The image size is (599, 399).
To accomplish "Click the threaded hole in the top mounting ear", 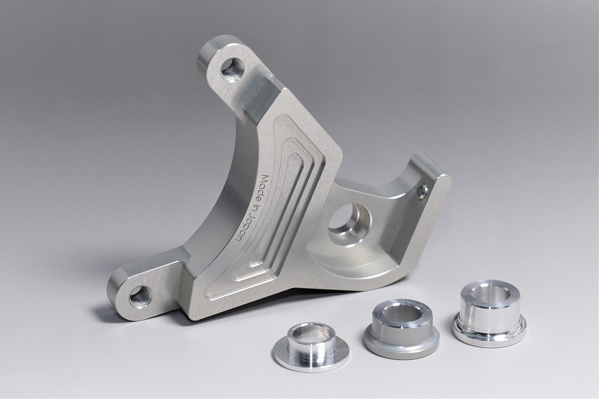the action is pyautogui.click(x=231, y=69).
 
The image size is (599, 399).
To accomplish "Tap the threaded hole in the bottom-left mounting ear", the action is pyautogui.click(x=140, y=296).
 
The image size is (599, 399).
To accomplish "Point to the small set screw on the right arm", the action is pyautogui.click(x=422, y=191).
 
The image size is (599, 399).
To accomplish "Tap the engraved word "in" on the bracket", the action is pyautogui.click(x=252, y=207).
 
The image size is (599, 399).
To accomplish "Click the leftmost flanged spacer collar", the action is pyautogui.click(x=311, y=347).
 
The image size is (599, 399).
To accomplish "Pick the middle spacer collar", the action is pyautogui.click(x=401, y=329).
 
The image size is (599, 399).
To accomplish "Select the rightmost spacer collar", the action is pyautogui.click(x=489, y=314).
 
